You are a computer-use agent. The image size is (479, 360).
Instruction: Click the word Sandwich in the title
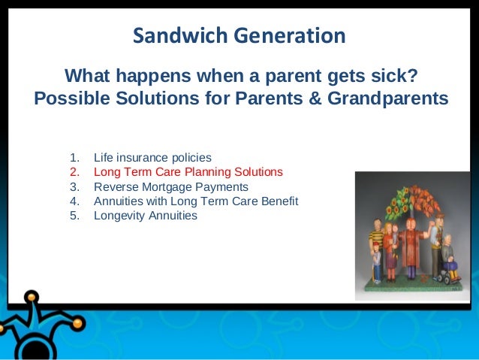click(x=180, y=35)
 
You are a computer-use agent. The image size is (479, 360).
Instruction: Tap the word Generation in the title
click(x=290, y=35)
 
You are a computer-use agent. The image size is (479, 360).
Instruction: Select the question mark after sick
click(x=412, y=75)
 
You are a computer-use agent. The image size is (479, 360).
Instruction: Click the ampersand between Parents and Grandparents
click(x=315, y=98)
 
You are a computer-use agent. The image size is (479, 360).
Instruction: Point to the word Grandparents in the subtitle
click(x=388, y=98)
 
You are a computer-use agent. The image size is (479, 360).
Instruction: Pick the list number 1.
click(x=74, y=158)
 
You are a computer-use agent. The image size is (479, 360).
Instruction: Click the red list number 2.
click(x=74, y=172)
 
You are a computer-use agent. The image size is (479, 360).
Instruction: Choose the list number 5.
click(x=74, y=216)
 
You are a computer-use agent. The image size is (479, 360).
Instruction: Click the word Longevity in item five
click(x=119, y=216)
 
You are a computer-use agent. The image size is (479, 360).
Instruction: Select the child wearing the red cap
click(x=377, y=262)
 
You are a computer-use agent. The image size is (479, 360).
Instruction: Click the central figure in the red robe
click(x=411, y=245)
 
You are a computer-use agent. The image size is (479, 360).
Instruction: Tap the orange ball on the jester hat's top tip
click(x=32, y=297)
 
